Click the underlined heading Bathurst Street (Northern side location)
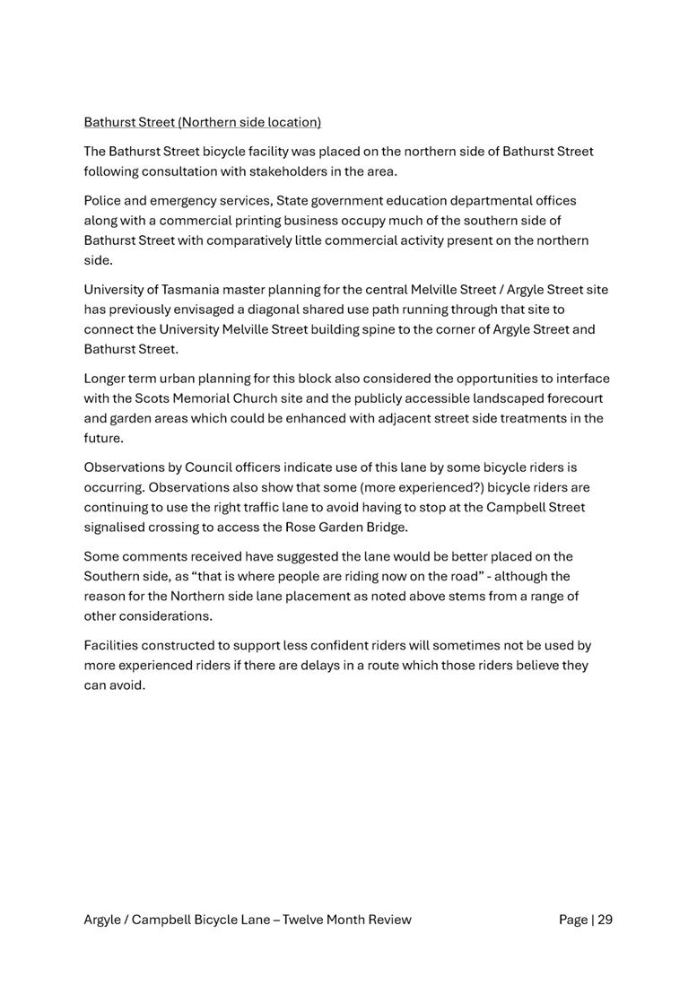point(202,122)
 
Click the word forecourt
point(571,397)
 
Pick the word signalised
point(117,527)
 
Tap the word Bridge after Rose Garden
point(386,527)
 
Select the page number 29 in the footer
point(605,919)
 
